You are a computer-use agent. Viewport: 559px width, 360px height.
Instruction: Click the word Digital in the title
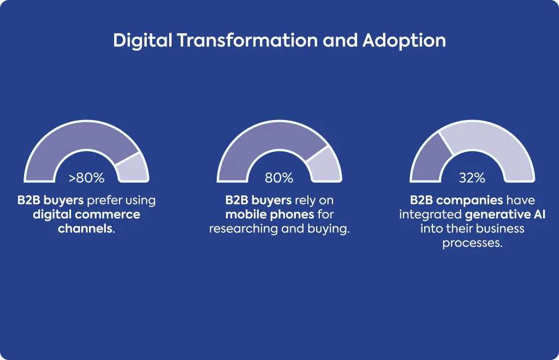click(142, 40)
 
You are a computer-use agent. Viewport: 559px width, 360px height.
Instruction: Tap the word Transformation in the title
click(247, 40)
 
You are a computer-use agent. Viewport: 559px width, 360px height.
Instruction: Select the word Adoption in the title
click(404, 41)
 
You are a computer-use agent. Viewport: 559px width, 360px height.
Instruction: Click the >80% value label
click(87, 178)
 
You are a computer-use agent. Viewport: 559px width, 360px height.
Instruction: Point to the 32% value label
click(472, 178)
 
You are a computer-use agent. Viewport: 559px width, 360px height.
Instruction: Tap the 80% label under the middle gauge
click(279, 178)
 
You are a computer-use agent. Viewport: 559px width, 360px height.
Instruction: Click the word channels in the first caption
click(85, 228)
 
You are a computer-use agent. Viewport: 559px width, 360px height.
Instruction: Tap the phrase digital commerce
click(87, 215)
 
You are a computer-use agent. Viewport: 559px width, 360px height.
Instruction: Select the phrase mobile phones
click(270, 215)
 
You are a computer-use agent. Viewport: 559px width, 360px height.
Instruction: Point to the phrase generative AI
click(505, 215)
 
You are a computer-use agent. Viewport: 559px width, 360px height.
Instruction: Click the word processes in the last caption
click(471, 243)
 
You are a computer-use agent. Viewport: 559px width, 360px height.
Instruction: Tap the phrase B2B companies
click(457, 201)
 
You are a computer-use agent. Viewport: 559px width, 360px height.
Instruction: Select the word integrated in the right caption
click(430, 215)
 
